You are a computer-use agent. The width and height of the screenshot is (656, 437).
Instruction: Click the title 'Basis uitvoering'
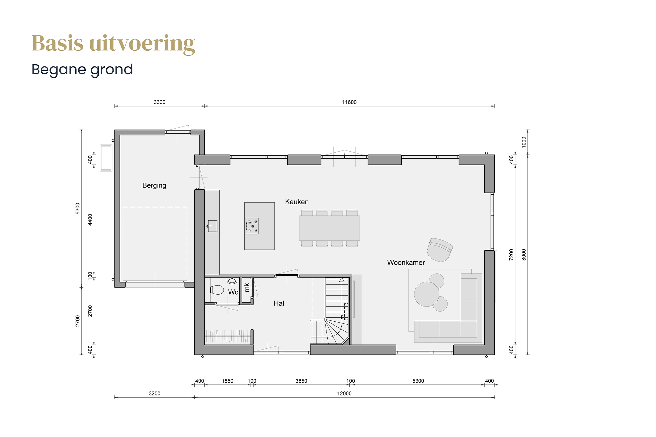coord(113,44)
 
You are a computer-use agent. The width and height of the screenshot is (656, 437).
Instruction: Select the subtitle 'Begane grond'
coord(82,70)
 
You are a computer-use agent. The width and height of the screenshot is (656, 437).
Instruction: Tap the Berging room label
coord(154,185)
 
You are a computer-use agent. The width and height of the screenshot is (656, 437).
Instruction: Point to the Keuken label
coord(297,202)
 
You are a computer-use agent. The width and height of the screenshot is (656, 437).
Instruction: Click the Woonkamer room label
coord(406,263)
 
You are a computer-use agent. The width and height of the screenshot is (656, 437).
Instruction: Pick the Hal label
coord(279,303)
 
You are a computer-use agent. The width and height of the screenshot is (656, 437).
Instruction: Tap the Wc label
coord(233,292)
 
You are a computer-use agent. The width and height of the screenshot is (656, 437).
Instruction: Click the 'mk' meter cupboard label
coord(247,287)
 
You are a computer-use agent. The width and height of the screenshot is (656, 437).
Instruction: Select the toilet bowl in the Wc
coord(217,290)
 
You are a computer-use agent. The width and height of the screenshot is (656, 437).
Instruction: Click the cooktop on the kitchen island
coord(252,226)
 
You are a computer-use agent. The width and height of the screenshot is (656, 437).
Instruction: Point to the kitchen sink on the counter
coord(212,226)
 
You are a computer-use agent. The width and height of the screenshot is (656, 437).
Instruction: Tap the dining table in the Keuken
coord(330,228)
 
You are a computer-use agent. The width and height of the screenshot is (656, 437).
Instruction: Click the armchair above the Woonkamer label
coord(439,250)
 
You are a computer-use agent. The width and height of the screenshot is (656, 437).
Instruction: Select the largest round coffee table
coord(427,294)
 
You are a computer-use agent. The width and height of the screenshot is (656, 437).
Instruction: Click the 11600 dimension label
coord(349,102)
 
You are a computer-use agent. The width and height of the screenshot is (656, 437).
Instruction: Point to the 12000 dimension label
coord(344,394)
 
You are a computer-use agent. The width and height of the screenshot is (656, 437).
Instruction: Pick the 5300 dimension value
coord(418,381)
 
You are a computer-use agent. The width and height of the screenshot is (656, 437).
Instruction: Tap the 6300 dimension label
coord(78,209)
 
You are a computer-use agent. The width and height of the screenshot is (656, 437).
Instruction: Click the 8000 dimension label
coord(524,255)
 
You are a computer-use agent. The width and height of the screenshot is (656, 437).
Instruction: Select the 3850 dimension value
coord(301,381)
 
